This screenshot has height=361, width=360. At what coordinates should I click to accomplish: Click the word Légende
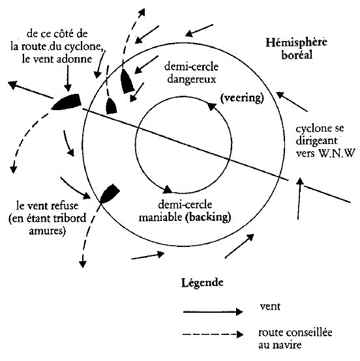point(202,283)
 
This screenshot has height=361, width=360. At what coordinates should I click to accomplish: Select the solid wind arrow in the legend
point(213,312)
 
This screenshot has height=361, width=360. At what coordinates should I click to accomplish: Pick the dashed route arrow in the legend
point(213,334)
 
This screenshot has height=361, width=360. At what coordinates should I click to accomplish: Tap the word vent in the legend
point(270,307)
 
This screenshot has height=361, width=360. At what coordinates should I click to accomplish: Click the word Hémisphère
point(296,42)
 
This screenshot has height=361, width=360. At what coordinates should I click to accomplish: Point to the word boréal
point(297,55)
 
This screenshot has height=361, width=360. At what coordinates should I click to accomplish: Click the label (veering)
point(242,98)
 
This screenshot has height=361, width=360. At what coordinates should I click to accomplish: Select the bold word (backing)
point(208,217)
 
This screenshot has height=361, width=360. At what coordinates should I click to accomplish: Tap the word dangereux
point(192,79)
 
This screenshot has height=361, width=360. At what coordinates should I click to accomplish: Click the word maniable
point(160,217)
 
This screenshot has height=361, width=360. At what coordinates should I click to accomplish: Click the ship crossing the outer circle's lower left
point(110,194)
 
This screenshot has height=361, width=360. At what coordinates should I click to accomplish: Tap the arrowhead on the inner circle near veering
point(212,106)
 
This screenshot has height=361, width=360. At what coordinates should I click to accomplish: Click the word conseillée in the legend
point(308,332)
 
